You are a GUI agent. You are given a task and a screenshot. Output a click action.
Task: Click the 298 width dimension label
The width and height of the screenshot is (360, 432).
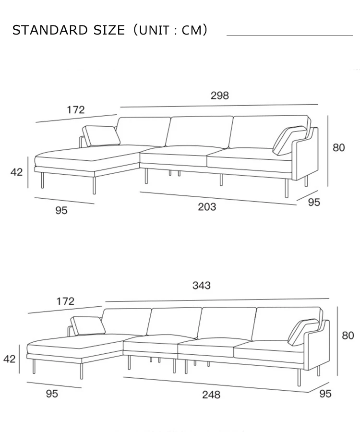point(220,96)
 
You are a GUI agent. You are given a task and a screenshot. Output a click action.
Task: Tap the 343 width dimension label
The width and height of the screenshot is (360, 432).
point(202,286)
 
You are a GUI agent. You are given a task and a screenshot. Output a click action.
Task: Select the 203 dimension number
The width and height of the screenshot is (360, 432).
point(207,207)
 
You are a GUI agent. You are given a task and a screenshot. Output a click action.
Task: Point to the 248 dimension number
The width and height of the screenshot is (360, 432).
point(211,395)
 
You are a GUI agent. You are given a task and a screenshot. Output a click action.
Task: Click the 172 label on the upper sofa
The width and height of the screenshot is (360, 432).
point(75,110)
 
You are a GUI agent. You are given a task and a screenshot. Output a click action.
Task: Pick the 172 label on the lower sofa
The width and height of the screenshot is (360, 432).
point(65,301)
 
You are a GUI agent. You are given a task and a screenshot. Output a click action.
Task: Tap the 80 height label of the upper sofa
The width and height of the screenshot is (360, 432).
point(339,147)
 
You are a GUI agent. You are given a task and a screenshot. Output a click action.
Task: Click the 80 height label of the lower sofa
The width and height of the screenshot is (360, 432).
point(348,336)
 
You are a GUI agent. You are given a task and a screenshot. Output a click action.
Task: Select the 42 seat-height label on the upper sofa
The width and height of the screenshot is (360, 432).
point(17,172)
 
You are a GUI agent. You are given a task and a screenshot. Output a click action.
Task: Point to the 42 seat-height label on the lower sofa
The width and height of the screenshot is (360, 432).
point(10,359)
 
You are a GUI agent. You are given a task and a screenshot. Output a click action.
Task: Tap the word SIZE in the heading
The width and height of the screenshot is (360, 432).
point(109,30)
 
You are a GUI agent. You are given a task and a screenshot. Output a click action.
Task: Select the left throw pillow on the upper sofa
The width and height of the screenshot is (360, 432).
point(101,135)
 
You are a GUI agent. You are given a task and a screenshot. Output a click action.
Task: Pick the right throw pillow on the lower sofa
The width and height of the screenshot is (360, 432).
point(304,332)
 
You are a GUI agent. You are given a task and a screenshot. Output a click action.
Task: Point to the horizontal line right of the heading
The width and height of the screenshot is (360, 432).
point(289,36)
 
